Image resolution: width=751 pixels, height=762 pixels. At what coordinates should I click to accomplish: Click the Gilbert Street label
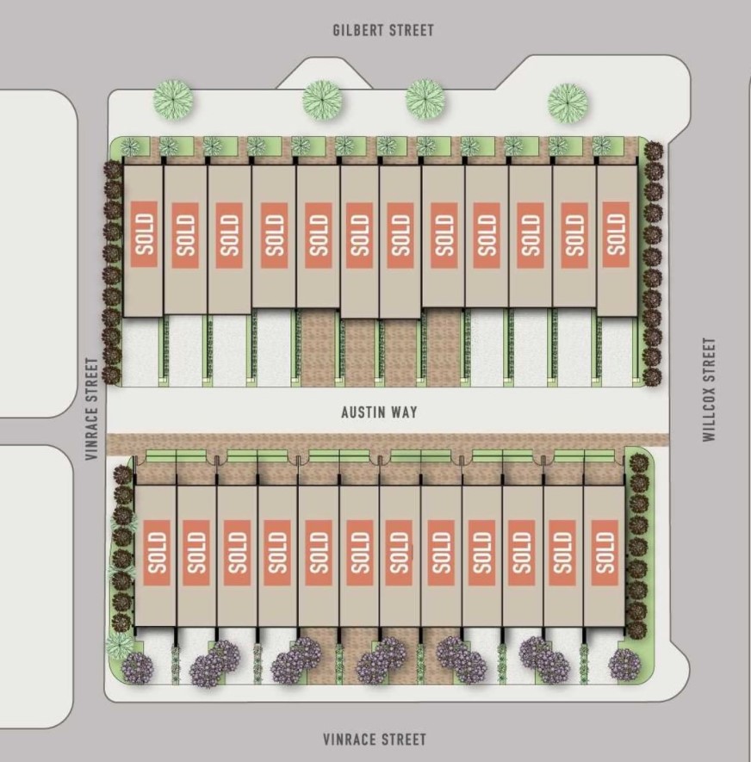pyautogui.click(x=383, y=30)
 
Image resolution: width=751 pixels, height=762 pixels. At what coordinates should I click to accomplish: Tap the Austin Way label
pyautogui.click(x=379, y=412)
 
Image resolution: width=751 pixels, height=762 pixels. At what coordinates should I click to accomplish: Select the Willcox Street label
pyautogui.click(x=710, y=389)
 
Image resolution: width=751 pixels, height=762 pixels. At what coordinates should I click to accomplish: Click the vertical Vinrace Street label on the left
pyautogui.click(x=92, y=409)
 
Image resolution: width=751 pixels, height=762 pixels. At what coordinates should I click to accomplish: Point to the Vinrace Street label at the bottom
pyautogui.click(x=375, y=740)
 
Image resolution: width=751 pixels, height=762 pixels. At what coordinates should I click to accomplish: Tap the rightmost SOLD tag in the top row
pyautogui.click(x=616, y=234)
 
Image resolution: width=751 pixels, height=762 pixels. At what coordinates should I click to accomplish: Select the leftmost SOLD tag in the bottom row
pyautogui.click(x=157, y=553)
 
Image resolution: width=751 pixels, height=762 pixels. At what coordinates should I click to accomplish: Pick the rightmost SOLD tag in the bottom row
pyautogui.click(x=605, y=553)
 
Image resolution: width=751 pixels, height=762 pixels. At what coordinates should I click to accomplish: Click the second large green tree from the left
pyautogui.click(x=322, y=100)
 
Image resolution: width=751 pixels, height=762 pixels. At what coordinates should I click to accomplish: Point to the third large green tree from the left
pyautogui.click(x=425, y=99)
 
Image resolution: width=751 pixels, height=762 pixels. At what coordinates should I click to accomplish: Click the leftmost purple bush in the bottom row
pyautogui.click(x=138, y=668)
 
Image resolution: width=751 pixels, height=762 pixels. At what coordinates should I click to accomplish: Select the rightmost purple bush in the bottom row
pyautogui.click(x=624, y=665)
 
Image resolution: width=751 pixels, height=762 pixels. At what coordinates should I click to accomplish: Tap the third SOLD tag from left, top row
pyautogui.click(x=229, y=235)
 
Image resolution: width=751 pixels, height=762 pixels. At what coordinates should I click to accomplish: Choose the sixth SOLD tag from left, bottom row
pyautogui.click(x=359, y=553)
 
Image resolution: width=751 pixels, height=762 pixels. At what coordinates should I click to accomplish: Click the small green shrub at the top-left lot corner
pyautogui.click(x=130, y=146)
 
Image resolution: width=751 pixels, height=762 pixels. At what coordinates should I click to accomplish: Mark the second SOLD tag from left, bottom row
pyautogui.click(x=196, y=553)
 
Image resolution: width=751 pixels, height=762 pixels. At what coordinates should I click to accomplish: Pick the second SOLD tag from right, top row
pyautogui.click(x=574, y=235)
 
